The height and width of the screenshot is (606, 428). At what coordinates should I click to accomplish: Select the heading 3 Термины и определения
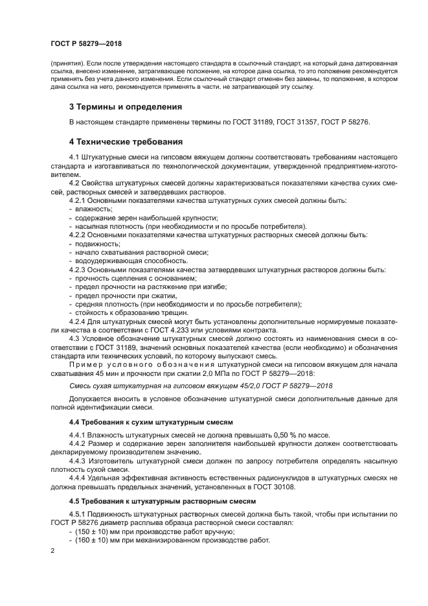(x=126, y=106)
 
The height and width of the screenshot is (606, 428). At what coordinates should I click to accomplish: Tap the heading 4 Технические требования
(x=126, y=141)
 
